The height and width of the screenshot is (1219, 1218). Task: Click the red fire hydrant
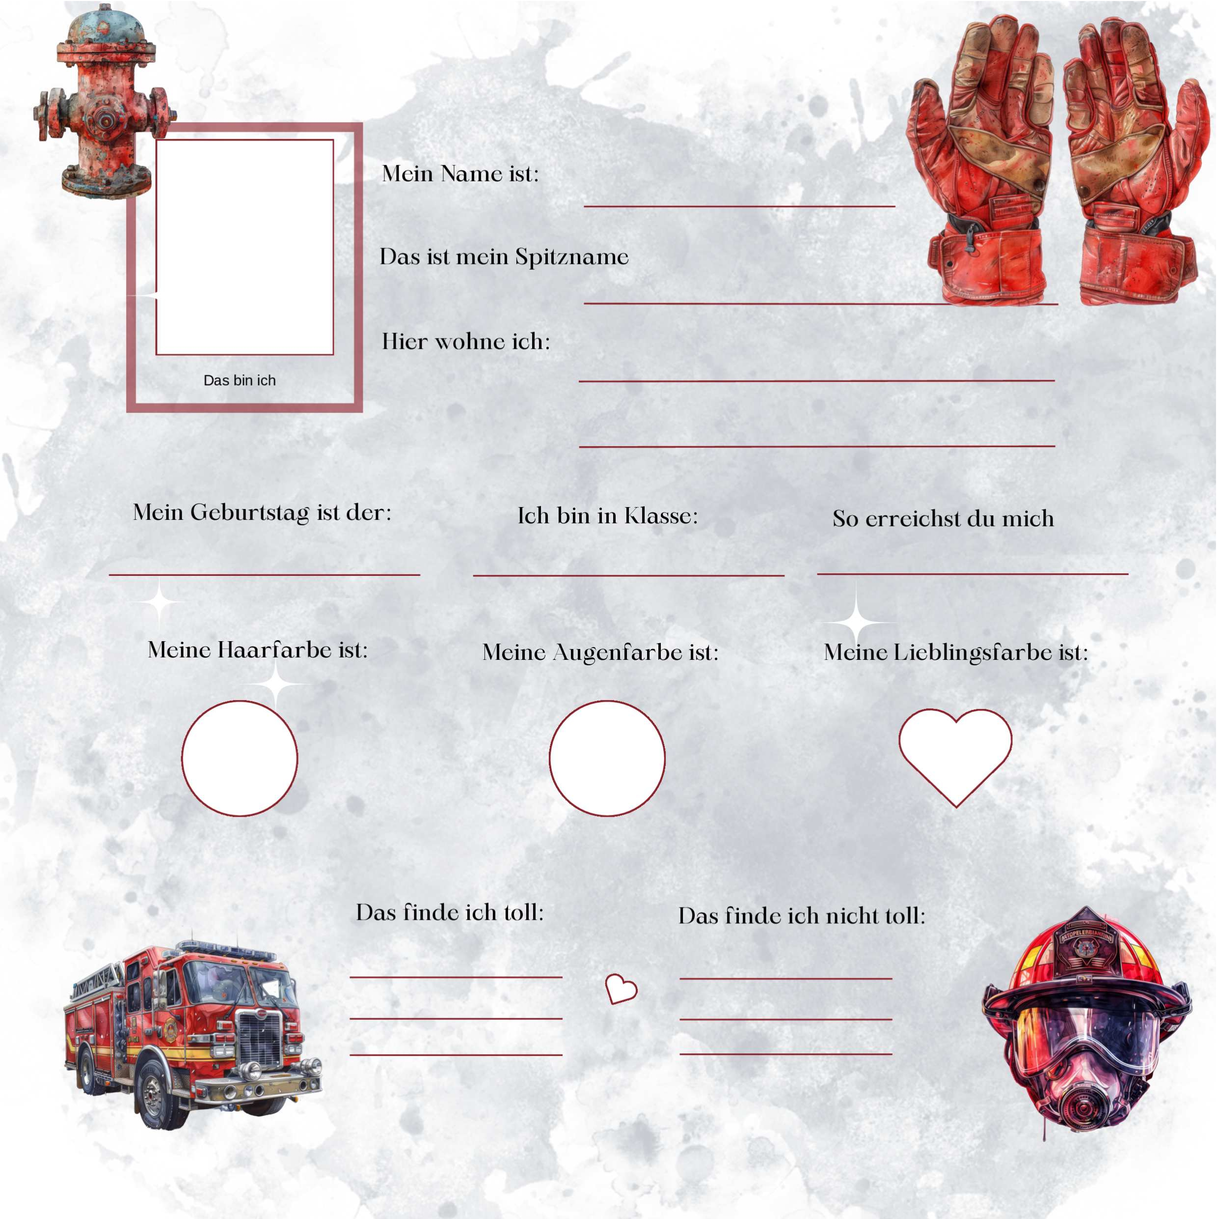point(104,101)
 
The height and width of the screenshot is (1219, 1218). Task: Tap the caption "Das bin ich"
point(240,381)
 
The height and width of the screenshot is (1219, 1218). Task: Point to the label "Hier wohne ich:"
point(466,341)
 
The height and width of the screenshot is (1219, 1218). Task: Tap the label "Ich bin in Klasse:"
point(608,515)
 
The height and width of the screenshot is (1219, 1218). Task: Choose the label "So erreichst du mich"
point(943,519)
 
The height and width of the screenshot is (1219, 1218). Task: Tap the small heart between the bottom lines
point(621,989)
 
